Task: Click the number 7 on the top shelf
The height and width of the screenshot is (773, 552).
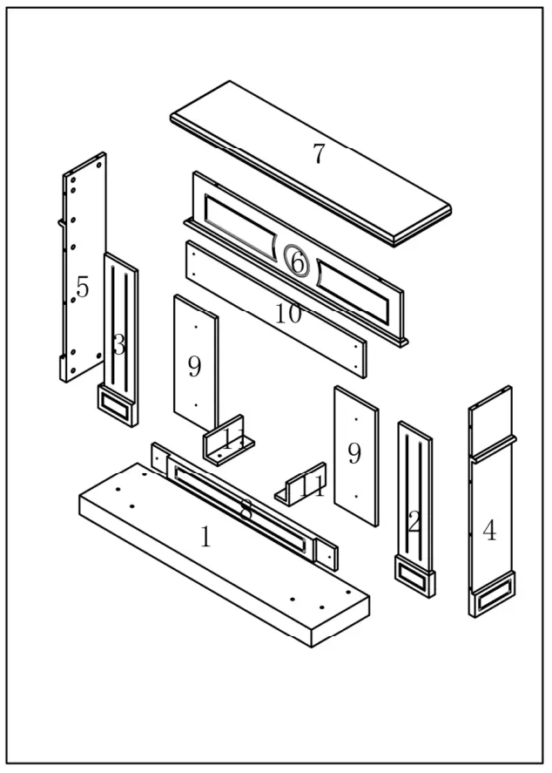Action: (319, 154)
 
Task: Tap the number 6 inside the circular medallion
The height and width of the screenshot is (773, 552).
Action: (297, 261)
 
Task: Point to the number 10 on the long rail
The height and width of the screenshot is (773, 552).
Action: (288, 313)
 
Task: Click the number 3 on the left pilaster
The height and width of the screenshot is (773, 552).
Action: (118, 345)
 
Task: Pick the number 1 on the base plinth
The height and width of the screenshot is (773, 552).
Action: (205, 536)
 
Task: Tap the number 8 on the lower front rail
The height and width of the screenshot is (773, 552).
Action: (246, 510)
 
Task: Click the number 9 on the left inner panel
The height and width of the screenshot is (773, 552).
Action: (194, 367)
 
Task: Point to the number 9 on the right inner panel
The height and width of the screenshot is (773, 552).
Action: (353, 453)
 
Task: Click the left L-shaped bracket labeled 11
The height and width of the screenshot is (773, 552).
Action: (228, 443)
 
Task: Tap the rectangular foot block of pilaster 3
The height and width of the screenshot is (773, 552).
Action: (115, 405)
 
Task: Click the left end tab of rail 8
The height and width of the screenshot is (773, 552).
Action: (159, 458)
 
